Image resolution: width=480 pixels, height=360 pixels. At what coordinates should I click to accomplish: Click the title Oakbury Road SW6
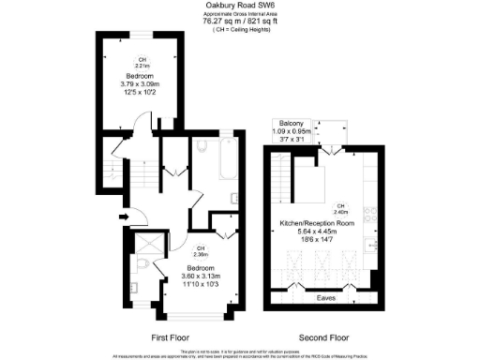239,5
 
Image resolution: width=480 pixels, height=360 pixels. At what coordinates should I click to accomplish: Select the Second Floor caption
324,336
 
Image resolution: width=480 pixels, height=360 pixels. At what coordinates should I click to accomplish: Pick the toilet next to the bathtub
203,146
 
